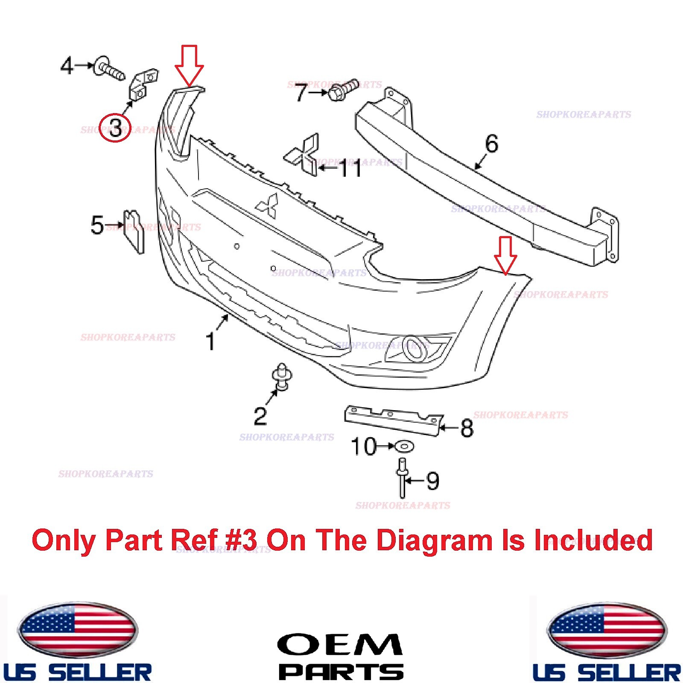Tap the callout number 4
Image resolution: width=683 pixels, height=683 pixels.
67,66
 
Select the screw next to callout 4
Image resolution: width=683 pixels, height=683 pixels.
109,70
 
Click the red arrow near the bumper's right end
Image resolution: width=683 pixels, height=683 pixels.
505,255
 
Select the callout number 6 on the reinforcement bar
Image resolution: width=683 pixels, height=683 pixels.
491,144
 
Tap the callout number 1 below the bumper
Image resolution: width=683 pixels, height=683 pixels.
210,341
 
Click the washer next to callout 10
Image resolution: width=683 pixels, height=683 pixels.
404,447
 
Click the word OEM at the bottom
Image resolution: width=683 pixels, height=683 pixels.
340,645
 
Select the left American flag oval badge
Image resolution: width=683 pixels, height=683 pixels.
78,630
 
